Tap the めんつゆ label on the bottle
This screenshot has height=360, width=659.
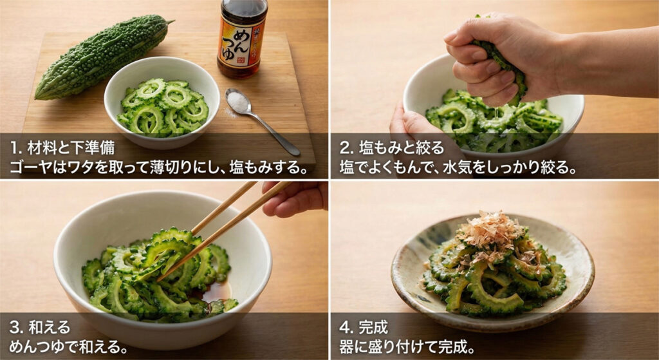[241, 45]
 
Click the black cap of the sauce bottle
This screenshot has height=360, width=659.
[243, 7]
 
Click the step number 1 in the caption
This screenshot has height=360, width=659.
[14, 147]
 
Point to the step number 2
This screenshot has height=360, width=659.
[344, 147]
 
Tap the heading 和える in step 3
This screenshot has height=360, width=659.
[48, 327]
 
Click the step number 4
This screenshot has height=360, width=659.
[344, 327]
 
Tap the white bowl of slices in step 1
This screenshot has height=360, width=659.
[162, 102]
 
